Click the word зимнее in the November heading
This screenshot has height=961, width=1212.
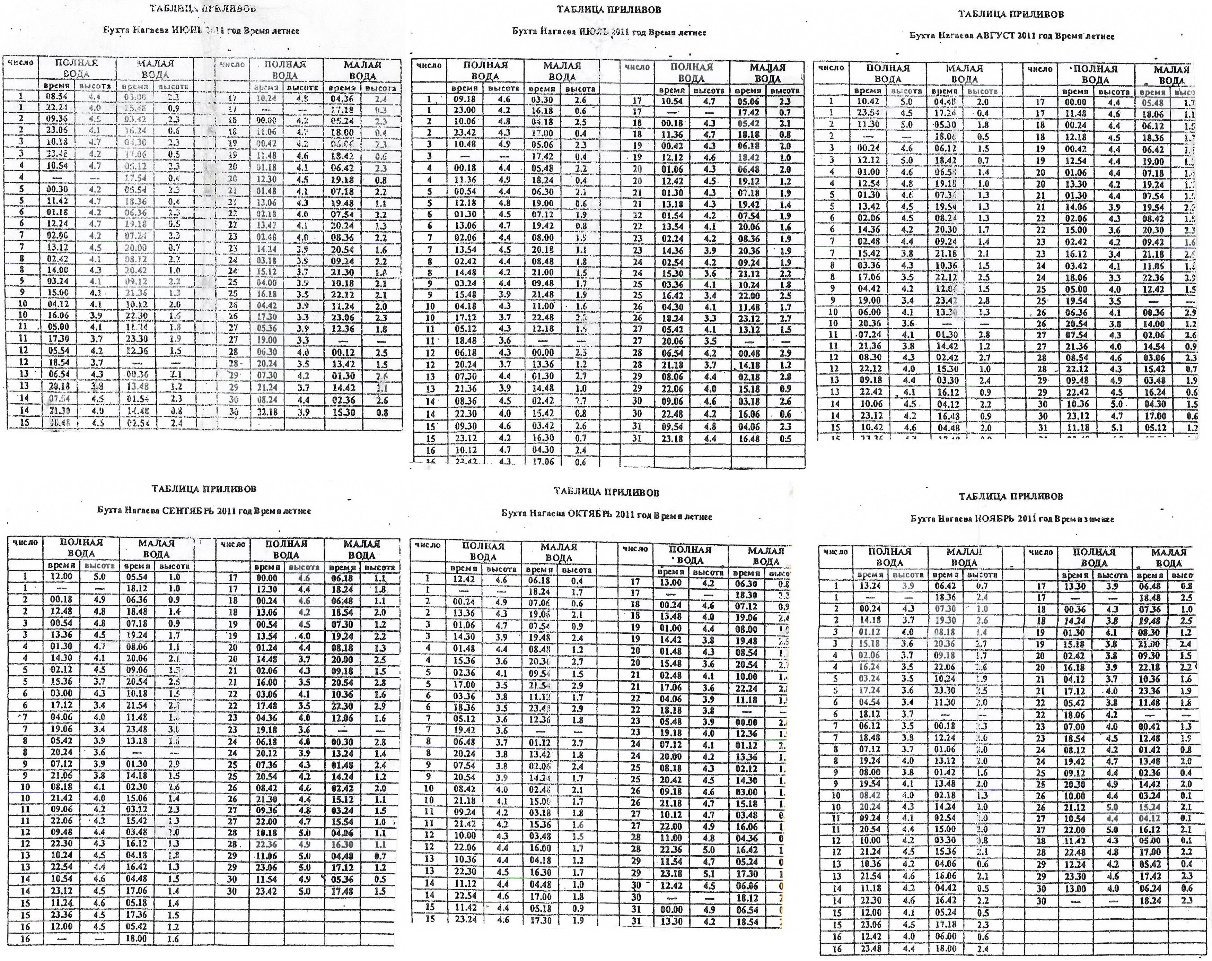point(1102,519)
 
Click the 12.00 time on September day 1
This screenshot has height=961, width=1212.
point(62,577)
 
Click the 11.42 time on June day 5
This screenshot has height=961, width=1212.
point(57,201)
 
